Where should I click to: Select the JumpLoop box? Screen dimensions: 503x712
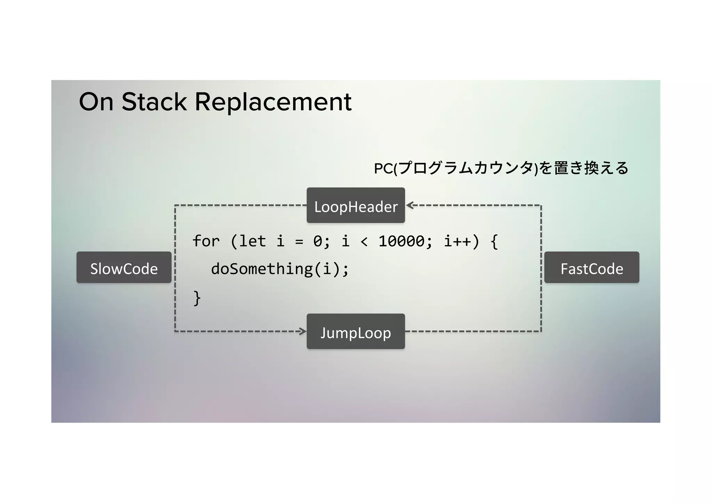pos(356,332)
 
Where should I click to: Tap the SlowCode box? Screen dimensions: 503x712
pos(124,268)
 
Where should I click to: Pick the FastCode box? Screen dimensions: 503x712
pos(592,268)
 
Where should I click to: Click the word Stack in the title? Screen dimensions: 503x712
pos(154,102)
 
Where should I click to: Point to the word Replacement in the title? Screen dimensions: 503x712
pos(273,102)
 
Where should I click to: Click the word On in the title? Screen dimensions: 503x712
pos(96,102)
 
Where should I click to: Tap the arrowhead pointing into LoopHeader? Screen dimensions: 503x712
pos(410,205)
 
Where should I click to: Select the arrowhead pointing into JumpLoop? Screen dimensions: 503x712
pos(302,331)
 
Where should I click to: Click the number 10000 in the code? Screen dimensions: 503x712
pos(401,241)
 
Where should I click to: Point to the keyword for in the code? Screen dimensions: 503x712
pos(206,241)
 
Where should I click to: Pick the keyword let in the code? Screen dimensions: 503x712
pos(252,241)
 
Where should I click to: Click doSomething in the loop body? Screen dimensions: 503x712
pos(261,269)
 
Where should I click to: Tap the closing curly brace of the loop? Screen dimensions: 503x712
pos(197,298)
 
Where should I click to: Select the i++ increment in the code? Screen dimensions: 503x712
pos(457,241)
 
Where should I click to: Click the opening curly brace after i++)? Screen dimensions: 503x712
pos(494,241)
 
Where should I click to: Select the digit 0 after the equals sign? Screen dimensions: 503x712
pos(317,241)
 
